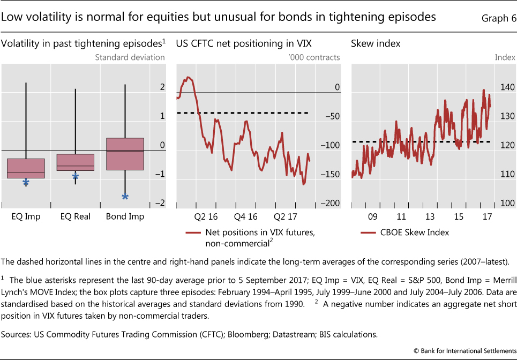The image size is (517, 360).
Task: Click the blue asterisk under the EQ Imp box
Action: tap(25, 183)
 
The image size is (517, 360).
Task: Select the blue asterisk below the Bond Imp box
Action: tap(125, 197)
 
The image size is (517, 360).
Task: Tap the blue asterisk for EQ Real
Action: tap(76, 176)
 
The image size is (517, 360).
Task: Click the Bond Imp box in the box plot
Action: tap(125, 154)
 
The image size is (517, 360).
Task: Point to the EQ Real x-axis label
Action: tap(75, 216)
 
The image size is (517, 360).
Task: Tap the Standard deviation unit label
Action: tap(129, 57)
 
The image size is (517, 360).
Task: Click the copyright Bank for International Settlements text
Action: tap(460, 351)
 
